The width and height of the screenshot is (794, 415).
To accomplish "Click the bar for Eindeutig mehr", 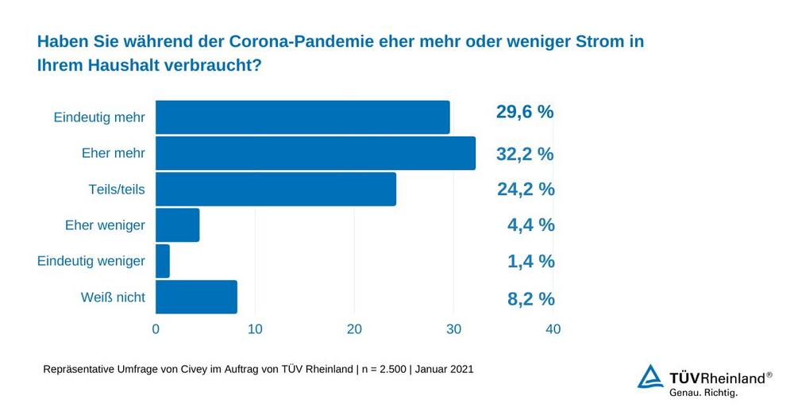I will [303, 117].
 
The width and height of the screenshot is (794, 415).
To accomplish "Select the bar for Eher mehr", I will [315, 153].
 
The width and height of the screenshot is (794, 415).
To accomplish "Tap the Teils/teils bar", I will [276, 190].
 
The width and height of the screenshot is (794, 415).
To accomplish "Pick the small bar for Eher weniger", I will [177, 225].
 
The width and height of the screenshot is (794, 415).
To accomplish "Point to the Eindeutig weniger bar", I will [163, 261].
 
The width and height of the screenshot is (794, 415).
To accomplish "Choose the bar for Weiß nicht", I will [196, 298].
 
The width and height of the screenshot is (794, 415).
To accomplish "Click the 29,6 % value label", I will [525, 112].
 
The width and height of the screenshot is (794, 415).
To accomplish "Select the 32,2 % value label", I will [525, 154].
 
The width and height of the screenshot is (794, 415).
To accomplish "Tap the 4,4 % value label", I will [530, 225].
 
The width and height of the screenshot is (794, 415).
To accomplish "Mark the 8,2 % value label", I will [530, 299].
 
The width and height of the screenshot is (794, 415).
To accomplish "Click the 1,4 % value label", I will [530, 262].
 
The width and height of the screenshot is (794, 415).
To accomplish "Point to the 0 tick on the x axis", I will [156, 329].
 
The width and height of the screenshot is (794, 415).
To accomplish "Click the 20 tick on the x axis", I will [354, 329].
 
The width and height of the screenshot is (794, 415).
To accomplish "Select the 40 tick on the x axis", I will [553, 329].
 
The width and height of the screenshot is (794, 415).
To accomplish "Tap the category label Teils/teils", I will [117, 190].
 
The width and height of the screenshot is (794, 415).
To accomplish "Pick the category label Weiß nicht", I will [113, 298].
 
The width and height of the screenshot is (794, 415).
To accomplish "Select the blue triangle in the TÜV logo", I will [650, 377].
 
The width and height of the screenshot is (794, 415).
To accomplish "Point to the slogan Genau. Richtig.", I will [703, 392].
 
